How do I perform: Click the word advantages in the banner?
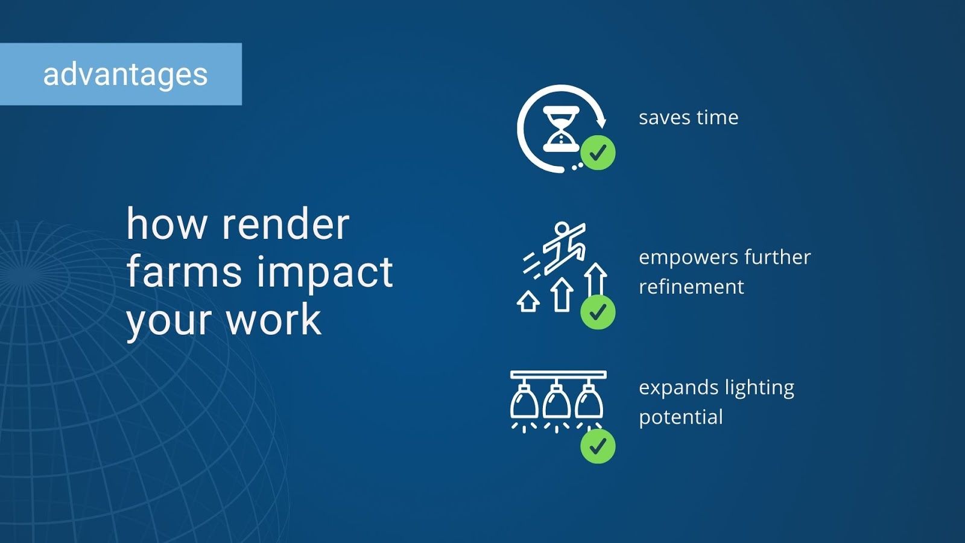pyautogui.click(x=125, y=75)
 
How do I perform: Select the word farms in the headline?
pyautogui.click(x=184, y=272)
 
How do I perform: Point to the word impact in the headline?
pyautogui.click(x=325, y=273)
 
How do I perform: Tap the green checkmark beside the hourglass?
pyautogui.click(x=598, y=153)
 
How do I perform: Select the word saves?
pyautogui.click(x=664, y=118)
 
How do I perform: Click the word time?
pyautogui.click(x=717, y=118)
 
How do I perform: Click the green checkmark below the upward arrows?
pyautogui.click(x=598, y=312)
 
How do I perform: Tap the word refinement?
pyautogui.click(x=691, y=287)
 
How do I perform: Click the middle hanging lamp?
pyautogui.click(x=557, y=401)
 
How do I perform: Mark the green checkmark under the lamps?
pyautogui.click(x=598, y=446)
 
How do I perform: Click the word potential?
pyautogui.click(x=681, y=418)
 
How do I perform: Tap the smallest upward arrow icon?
pyautogui.click(x=528, y=301)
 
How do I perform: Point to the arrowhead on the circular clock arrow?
pyautogui.click(x=601, y=122)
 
